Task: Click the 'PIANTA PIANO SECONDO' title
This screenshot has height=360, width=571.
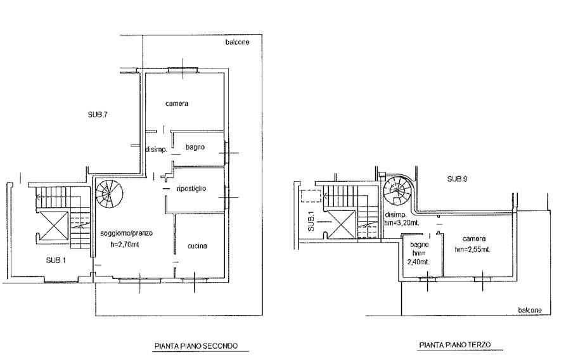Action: coord(196,345)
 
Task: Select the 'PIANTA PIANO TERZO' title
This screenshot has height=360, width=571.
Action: coord(455,344)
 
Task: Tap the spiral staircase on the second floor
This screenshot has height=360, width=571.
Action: coord(109,193)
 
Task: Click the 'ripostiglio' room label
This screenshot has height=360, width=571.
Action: coord(191,188)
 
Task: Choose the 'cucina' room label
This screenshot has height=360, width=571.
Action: coord(197,246)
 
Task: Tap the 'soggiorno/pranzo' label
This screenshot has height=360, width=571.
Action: coord(127,233)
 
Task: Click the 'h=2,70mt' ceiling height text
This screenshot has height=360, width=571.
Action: coord(125,245)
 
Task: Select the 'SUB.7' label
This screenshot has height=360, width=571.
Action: coord(98,115)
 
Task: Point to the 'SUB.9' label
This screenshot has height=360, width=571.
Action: coord(457,179)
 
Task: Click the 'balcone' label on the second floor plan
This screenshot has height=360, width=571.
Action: coord(238,42)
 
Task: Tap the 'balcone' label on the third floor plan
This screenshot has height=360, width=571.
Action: coord(530,310)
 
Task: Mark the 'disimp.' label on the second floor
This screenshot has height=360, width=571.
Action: coord(157,150)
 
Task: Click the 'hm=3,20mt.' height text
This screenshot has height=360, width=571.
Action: coord(402,223)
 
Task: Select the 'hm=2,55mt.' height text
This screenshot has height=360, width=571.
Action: coord(472,250)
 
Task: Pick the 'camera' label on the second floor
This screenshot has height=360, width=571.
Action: coord(177,103)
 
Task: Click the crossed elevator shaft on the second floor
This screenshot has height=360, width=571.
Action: coord(53,226)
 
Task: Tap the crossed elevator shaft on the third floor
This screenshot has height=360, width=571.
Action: coord(340,224)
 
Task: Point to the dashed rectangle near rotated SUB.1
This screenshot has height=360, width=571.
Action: coord(311,196)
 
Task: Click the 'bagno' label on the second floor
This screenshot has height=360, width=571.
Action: coord(195,147)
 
